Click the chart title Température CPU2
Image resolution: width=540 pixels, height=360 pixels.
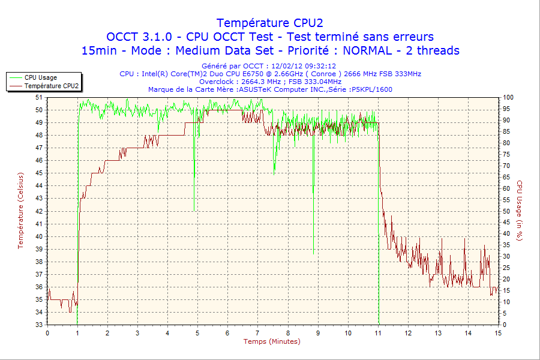[269, 23]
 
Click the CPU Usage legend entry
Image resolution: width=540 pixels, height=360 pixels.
[40, 77]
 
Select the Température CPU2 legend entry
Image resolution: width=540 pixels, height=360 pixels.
[51, 86]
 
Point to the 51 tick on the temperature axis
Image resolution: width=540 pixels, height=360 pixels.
[39, 97]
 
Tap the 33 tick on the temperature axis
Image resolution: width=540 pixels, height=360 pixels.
[39, 325]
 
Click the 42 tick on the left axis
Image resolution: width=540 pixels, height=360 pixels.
[39, 211]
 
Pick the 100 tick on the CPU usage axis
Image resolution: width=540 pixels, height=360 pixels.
[508, 97]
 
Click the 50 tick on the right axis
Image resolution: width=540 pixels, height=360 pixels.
[506, 211]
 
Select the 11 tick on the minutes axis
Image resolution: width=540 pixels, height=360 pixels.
[378, 332]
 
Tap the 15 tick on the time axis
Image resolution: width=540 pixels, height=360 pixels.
[497, 332]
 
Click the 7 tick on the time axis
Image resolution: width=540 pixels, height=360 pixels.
[257, 332]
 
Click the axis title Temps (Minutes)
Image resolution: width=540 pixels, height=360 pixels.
[272, 341]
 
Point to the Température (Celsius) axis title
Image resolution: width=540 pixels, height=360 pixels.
[20, 211]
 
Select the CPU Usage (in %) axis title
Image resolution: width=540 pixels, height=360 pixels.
[520, 211]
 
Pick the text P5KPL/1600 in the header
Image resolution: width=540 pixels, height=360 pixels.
[373, 89]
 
